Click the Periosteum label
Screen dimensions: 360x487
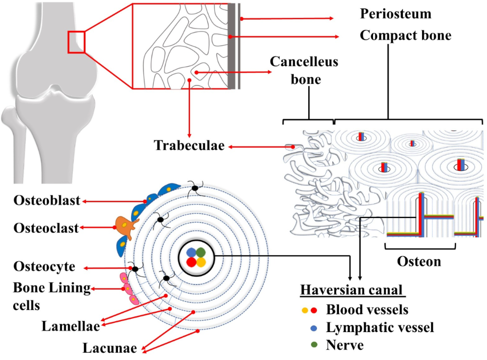pos(395,13)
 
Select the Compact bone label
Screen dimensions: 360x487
pos(405,35)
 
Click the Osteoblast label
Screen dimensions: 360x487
pos(47,201)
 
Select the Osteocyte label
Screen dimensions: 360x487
pos(44,267)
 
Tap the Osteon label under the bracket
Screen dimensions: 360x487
pos(419,261)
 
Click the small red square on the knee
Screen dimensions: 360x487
pos(76,42)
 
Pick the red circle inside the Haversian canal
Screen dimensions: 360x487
pos(191,262)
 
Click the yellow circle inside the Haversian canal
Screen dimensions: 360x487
pos(201,262)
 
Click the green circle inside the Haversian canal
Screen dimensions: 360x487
pos(201,252)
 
